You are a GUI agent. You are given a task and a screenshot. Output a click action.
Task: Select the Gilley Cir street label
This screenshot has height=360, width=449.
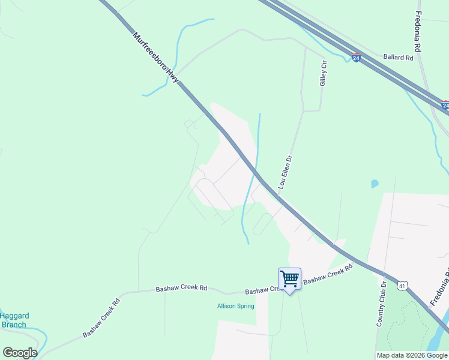[x=324, y=73]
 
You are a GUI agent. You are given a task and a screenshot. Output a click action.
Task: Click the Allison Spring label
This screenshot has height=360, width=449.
[x=235, y=306]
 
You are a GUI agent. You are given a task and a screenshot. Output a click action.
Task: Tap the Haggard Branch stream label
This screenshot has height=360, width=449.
[x=14, y=320]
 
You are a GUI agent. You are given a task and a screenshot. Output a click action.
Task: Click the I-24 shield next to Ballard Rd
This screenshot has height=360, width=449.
[x=357, y=58]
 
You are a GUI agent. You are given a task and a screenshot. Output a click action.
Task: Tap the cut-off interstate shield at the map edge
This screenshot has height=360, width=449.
[x=445, y=105]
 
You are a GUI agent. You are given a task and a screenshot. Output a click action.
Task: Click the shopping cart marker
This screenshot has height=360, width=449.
[x=290, y=279]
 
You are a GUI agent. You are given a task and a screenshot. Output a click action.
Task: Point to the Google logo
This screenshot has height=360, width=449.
[x=20, y=353]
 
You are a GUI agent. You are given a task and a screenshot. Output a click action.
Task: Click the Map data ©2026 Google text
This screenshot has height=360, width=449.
[x=411, y=355]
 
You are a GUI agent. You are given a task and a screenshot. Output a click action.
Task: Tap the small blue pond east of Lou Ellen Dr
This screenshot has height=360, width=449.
[x=375, y=184]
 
